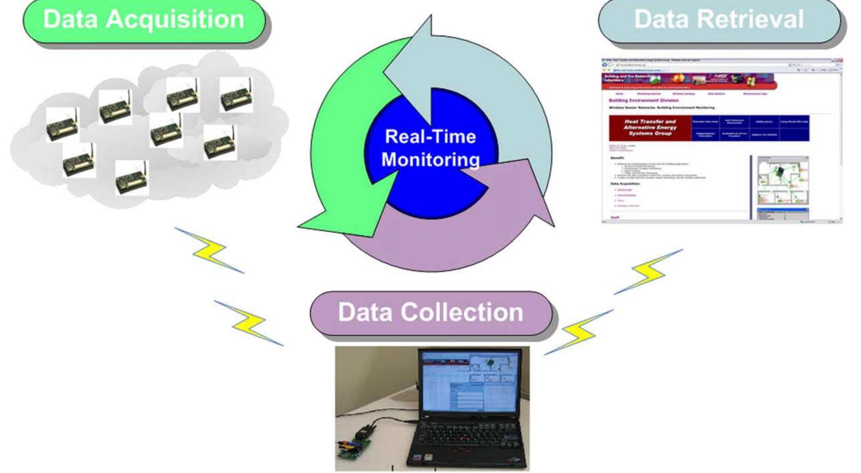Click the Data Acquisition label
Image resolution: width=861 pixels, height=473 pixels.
[x=144, y=20]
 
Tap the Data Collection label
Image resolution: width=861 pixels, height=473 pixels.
[x=430, y=312]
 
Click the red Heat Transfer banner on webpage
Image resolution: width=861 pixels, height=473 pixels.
[x=650, y=128]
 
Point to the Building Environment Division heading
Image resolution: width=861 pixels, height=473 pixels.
[x=643, y=100]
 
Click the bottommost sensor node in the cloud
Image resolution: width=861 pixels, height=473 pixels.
[x=132, y=179]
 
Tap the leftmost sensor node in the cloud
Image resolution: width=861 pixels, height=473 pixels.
[x=62, y=125]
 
